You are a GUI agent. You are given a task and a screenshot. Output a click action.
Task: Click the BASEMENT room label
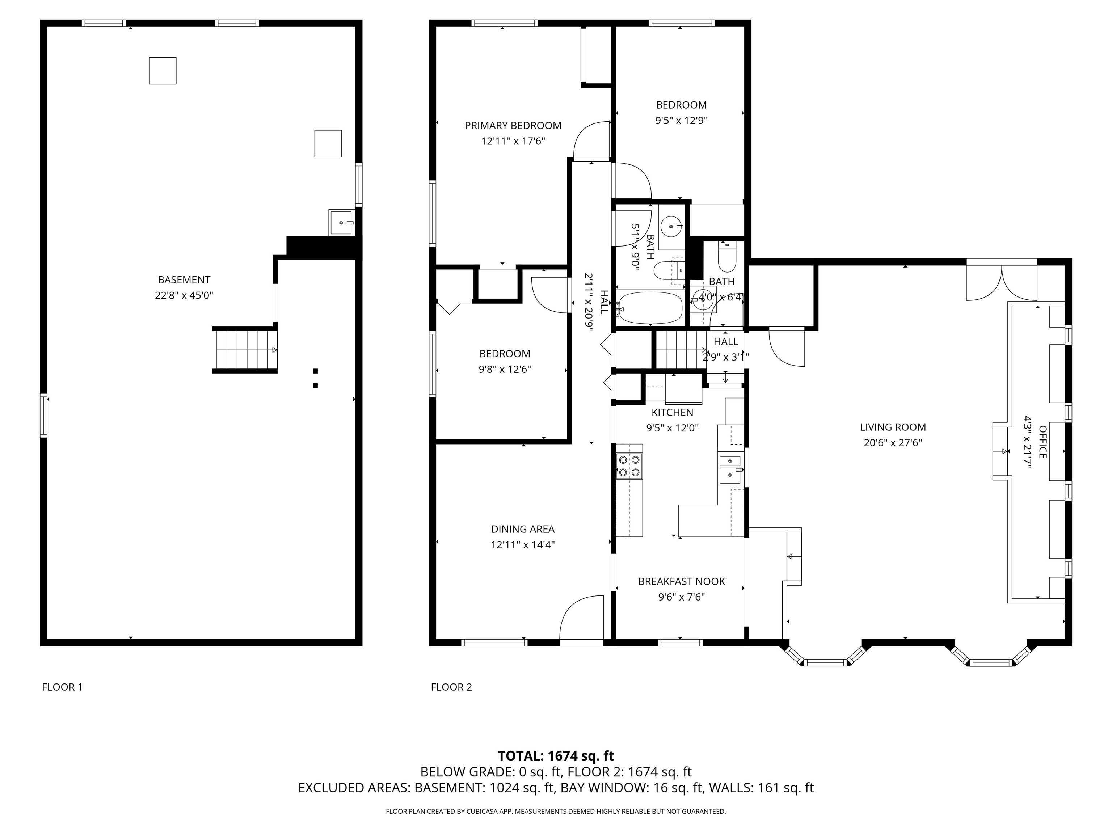[184, 279]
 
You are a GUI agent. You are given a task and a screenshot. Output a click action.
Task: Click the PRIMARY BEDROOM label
[513, 125]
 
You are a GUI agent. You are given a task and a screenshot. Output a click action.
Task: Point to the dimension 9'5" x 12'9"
[681, 121]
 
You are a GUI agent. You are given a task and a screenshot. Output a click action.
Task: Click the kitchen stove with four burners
[629, 466]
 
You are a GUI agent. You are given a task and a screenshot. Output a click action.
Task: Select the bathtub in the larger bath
[650, 308]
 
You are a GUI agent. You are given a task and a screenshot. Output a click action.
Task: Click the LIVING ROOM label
[892, 427]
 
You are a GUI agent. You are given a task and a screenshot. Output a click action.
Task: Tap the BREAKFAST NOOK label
[681, 581]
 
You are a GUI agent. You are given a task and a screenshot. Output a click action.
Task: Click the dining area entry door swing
[581, 618]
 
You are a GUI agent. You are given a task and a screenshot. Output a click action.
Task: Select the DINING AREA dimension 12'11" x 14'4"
[523, 544]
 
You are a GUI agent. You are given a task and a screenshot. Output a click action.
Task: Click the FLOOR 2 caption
[451, 687]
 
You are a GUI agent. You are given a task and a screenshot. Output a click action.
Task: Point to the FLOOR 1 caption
[62, 687]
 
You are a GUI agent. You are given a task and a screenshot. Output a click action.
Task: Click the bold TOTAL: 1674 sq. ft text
[556, 755]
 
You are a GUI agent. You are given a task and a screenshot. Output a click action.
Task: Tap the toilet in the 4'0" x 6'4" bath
[727, 258]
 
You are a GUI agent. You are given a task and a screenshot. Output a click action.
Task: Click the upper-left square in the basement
[163, 70]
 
